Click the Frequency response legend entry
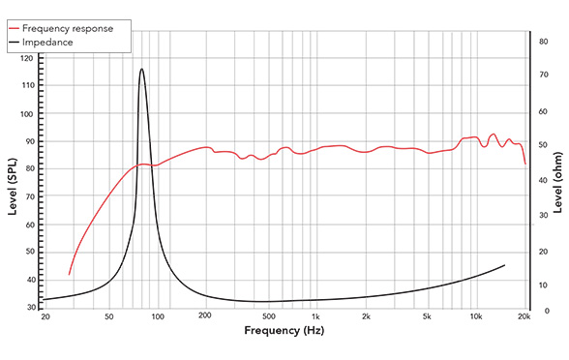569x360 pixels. click(x=73, y=28)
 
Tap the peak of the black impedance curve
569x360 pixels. click(x=141, y=69)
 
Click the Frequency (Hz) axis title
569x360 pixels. click(x=285, y=331)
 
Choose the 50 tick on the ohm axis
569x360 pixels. click(x=544, y=145)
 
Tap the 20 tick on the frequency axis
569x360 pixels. click(x=45, y=316)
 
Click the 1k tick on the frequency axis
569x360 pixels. click(x=316, y=316)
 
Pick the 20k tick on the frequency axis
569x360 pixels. click(x=524, y=316)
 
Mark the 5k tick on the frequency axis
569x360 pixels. click(x=428, y=316)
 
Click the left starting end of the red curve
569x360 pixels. click(x=69, y=275)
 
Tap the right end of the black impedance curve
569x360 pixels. click(x=504, y=264)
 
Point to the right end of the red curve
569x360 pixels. click(x=525, y=164)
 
